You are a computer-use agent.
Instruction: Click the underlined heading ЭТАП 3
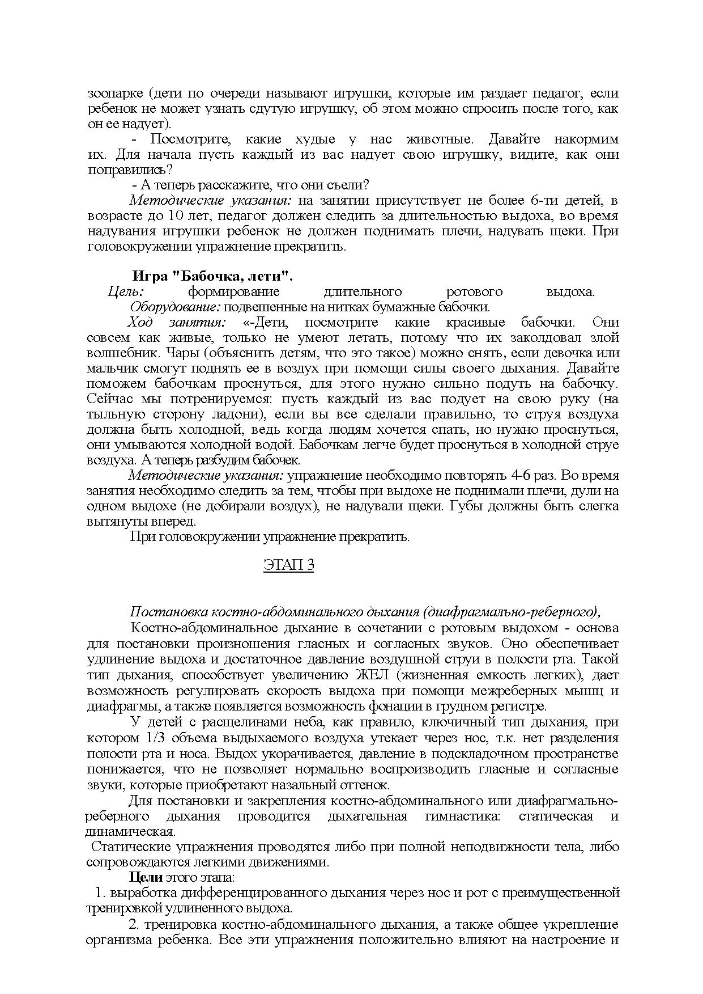point(288,565)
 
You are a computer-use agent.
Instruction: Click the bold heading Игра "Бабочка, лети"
point(212,276)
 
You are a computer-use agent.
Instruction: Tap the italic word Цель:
point(126,291)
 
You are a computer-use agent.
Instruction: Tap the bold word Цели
point(146,877)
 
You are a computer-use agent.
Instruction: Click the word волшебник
point(115,353)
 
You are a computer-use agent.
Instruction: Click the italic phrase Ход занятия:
point(176,322)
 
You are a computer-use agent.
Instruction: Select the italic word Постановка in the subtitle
point(168,612)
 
